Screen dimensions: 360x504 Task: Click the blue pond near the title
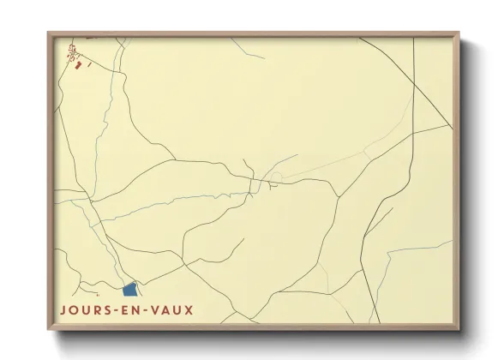point(130,291)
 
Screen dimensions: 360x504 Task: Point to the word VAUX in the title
point(175,309)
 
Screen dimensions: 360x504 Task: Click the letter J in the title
point(63,309)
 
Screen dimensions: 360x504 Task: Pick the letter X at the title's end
point(189,309)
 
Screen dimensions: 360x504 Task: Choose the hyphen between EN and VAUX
point(153,310)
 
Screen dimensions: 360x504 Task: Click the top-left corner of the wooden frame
point(49,33)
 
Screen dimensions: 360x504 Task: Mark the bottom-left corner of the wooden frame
point(49,329)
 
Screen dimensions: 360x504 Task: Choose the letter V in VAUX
point(161,309)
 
